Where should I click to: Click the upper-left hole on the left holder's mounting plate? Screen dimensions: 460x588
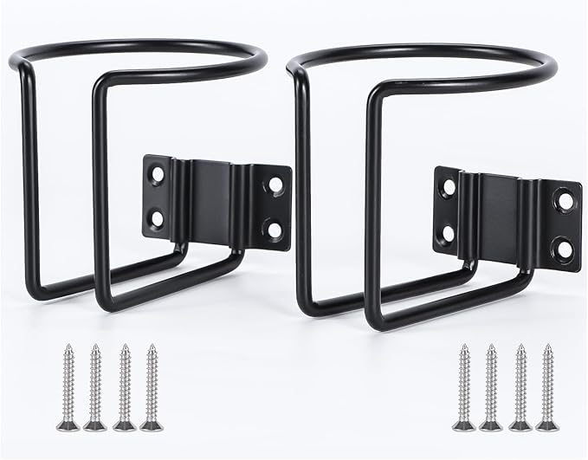158,174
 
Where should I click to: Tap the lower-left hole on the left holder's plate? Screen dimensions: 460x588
158,212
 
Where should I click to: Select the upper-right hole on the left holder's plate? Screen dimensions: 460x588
275,185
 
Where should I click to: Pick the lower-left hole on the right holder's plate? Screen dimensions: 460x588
449,231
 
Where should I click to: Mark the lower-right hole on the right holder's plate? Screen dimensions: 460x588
565,249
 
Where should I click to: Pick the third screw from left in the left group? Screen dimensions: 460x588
124,385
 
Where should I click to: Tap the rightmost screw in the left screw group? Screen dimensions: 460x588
152,385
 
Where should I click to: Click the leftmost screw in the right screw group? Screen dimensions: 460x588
463,385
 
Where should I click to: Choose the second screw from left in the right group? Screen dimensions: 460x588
490,385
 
